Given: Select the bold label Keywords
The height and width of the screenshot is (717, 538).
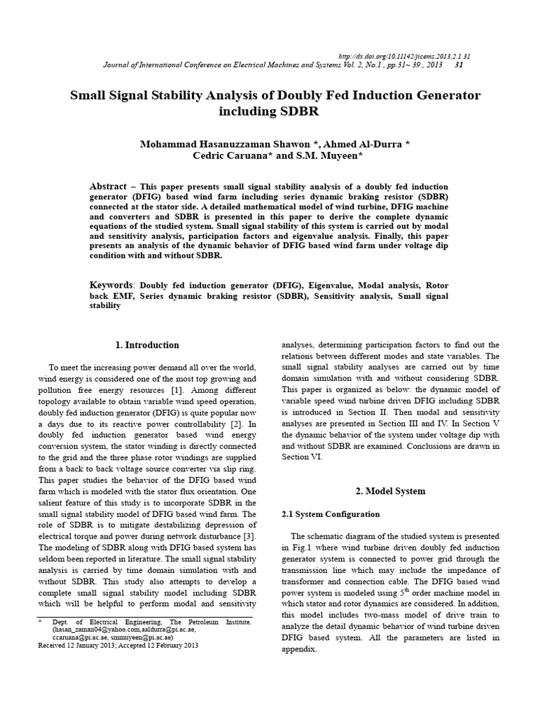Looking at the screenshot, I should coord(112,286).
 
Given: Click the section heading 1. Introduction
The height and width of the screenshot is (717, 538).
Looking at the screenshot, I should coord(147,344).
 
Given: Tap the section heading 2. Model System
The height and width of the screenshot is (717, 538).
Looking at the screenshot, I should coord(389,491).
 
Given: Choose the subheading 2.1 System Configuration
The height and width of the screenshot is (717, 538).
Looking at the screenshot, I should coord(330,515).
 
